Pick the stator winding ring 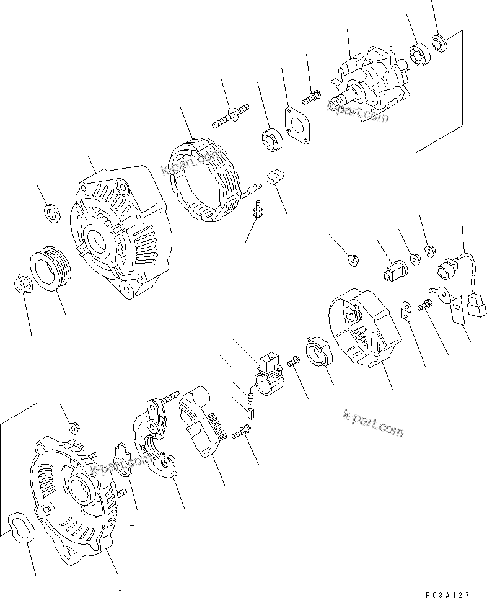point(204,179)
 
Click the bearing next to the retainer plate point(271,137)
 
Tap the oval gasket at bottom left point(19,530)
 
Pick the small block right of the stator point(274,178)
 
